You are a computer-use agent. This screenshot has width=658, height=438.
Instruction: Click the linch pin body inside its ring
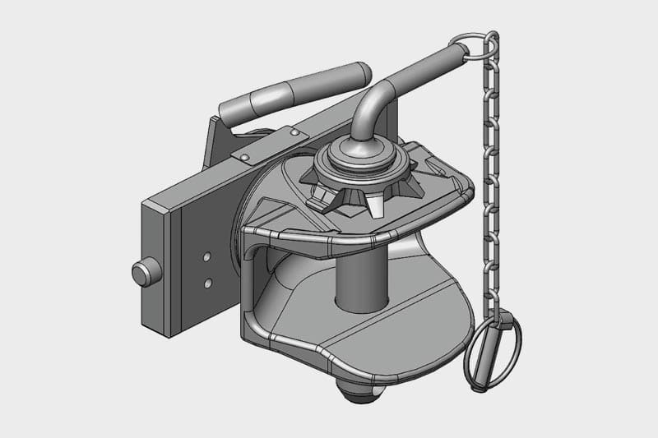[x=501, y=339]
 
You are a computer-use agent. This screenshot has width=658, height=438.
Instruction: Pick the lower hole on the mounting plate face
[x=207, y=283]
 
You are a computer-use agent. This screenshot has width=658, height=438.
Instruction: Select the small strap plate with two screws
[x=267, y=145]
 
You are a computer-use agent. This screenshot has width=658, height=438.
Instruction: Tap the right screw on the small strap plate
[x=294, y=131]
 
